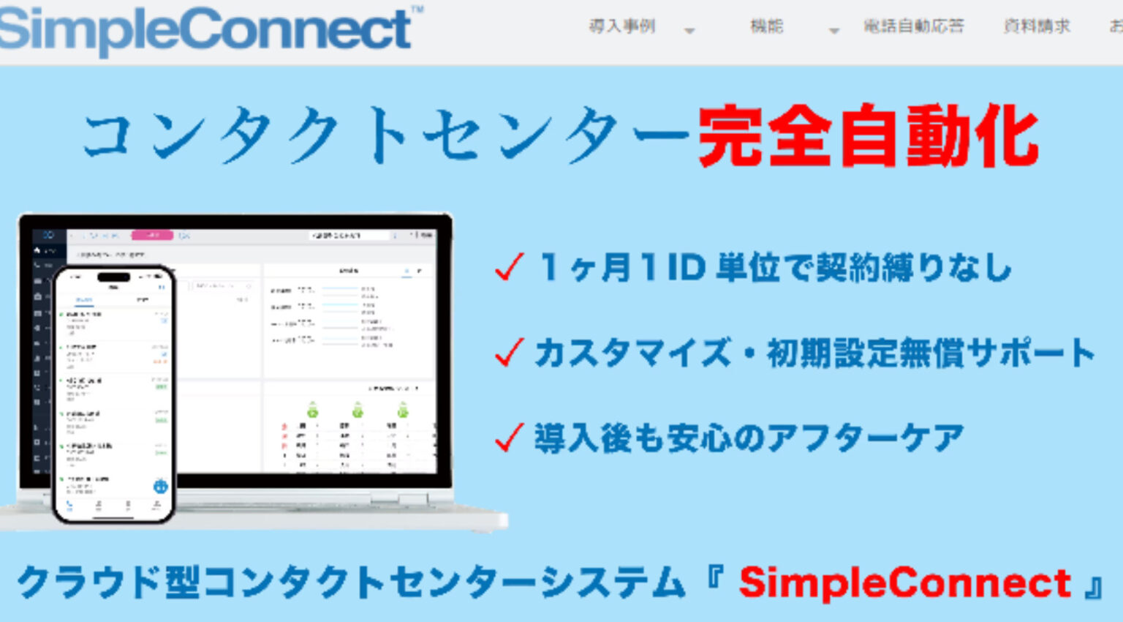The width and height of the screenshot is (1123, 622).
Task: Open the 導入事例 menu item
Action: pos(622,26)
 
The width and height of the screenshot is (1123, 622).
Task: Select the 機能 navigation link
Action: pos(766,26)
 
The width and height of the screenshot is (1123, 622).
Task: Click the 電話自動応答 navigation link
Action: pos(914,26)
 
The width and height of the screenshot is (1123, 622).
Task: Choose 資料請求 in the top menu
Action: pos(1037,26)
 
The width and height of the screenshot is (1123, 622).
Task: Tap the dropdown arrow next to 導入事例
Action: pos(689,31)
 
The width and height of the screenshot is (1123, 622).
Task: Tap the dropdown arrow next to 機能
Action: pos(833,31)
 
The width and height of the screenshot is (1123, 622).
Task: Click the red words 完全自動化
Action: pos(868,137)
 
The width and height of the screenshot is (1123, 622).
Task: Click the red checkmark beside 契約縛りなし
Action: pos(509,267)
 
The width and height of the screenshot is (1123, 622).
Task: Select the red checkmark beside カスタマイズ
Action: pos(509,353)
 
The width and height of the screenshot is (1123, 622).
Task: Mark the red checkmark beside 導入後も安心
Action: pos(509,438)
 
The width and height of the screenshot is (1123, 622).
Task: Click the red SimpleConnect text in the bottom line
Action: pos(904,583)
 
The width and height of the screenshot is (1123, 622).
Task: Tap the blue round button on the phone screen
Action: pos(160,486)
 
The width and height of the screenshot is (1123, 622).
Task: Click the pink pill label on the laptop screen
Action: pos(152,236)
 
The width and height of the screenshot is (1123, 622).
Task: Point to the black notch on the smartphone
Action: pos(114,277)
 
